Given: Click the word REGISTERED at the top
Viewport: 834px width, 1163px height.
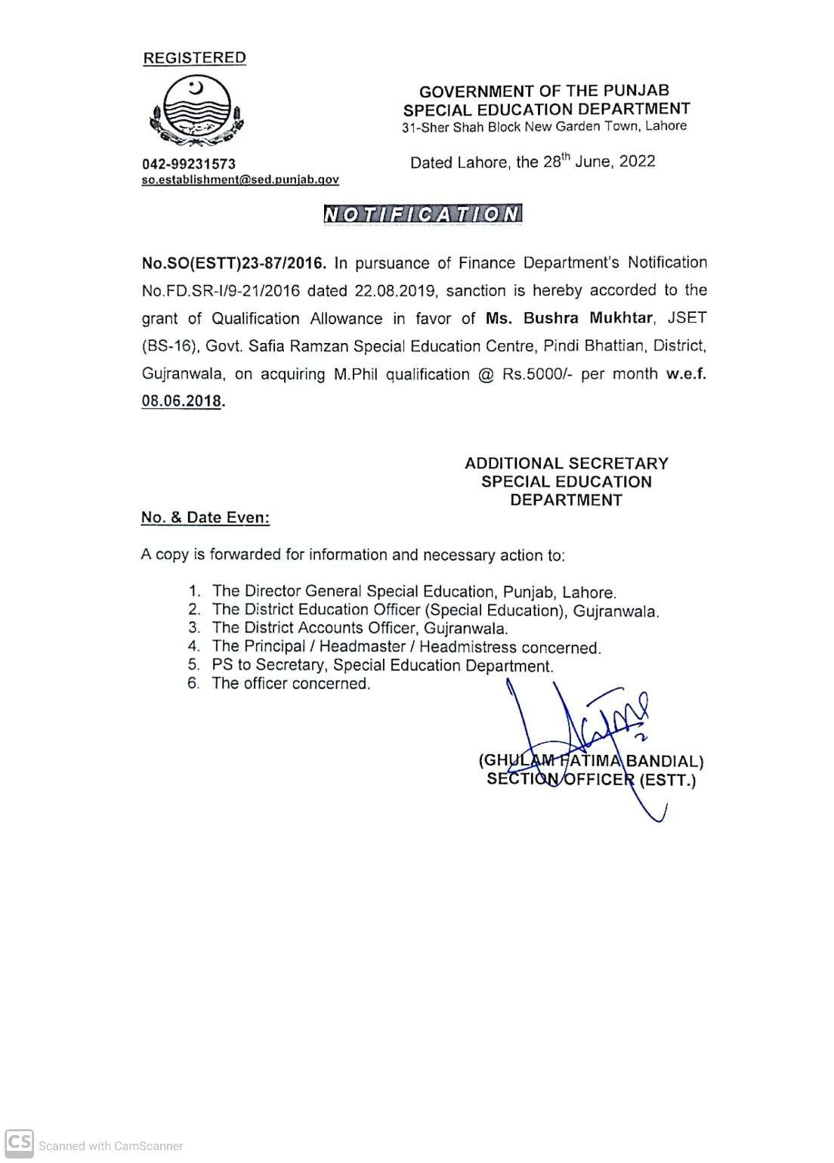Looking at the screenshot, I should (x=194, y=58).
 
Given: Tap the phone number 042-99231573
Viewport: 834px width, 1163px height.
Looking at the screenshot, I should (x=189, y=164).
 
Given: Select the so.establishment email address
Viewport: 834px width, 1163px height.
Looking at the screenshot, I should (x=240, y=180).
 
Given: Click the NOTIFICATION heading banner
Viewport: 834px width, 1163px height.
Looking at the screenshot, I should (x=422, y=215).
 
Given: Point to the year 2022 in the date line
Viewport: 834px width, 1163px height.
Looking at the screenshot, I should (x=637, y=161).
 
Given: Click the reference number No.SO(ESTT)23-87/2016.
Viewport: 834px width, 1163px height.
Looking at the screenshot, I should (x=234, y=263).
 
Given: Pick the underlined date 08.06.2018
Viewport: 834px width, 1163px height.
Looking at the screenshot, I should (x=181, y=401).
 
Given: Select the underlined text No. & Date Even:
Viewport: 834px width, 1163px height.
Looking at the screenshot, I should (x=205, y=518).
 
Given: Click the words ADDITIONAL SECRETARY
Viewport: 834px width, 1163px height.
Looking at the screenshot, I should (x=566, y=463).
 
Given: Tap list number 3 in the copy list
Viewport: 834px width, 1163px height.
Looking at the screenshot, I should (x=194, y=628).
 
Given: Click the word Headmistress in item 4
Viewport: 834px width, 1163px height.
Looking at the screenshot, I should (x=468, y=647).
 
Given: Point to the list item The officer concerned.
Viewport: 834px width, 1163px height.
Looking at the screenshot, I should (x=291, y=684).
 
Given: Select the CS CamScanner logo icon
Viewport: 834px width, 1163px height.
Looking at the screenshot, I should (x=19, y=1143).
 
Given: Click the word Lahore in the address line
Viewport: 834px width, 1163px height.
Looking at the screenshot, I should (x=666, y=126).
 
